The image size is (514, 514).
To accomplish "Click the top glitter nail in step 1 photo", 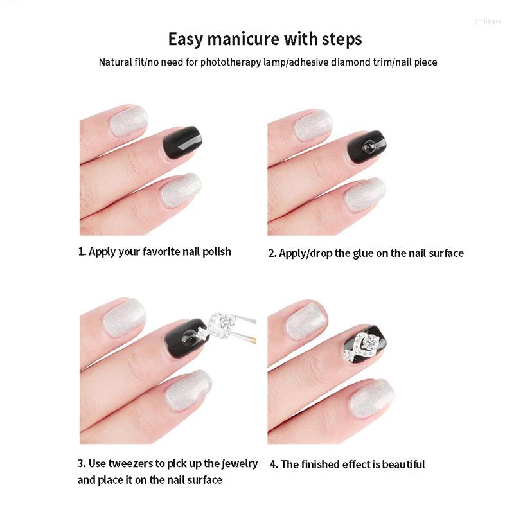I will (x=128, y=121).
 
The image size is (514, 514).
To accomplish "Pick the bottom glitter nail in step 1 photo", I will (x=180, y=191).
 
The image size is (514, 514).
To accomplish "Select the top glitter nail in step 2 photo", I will (x=313, y=125).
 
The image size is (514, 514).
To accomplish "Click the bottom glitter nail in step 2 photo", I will (x=365, y=195).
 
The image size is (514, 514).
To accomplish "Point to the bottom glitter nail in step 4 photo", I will (x=373, y=398).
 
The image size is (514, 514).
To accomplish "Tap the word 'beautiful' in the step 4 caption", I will (x=403, y=465).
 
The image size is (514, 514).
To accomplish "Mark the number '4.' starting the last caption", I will (x=274, y=465).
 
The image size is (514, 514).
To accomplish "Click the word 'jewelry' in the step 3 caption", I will (x=239, y=464).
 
